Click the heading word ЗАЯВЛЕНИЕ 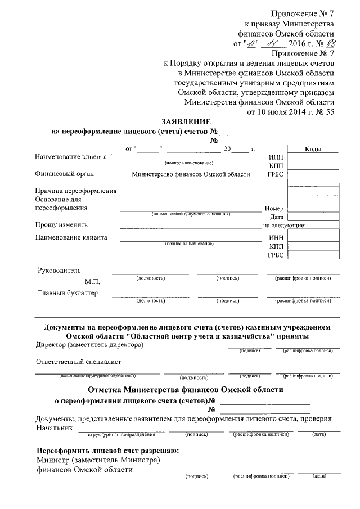186,121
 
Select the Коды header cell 313,149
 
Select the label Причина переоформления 75,191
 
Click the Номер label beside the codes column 274,208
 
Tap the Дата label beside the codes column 276,217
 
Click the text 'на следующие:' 284,226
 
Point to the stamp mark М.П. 93,280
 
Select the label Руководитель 59,270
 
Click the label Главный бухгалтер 67,293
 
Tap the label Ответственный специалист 78,361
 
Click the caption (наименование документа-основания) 191,215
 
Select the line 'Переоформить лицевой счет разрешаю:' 107,451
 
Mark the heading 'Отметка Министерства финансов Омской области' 186,389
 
